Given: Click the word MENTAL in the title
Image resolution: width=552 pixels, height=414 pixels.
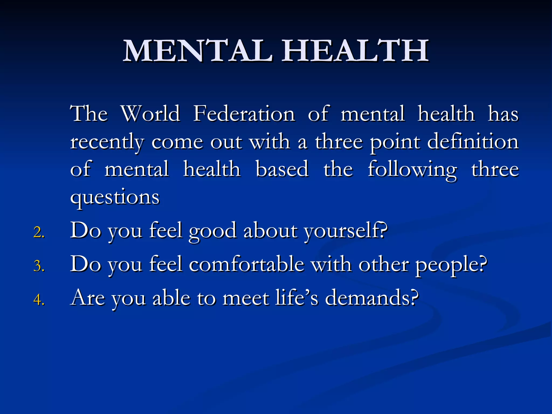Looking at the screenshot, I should point(198,51).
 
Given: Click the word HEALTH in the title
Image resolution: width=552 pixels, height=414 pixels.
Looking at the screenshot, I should point(355,51).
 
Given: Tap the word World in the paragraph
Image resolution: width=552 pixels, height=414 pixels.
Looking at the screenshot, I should point(150,113).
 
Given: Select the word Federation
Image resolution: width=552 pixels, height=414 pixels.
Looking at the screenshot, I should point(244,113).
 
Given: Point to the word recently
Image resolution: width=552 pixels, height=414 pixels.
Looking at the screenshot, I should point(107,142).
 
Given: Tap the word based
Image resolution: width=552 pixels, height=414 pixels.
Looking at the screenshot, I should point(282,169).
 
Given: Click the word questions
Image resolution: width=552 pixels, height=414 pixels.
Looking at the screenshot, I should point(115,198).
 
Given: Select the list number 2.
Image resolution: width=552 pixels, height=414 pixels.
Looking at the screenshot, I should point(39,232).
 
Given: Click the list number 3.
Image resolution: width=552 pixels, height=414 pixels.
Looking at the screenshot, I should point(39,266).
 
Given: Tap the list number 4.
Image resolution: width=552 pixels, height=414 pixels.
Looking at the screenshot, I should point(39,300).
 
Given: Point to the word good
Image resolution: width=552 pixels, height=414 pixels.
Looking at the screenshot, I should point(212,231).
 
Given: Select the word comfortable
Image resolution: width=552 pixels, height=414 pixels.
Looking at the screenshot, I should point(247,264).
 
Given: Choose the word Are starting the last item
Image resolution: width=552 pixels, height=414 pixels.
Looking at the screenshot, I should point(88,298).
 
